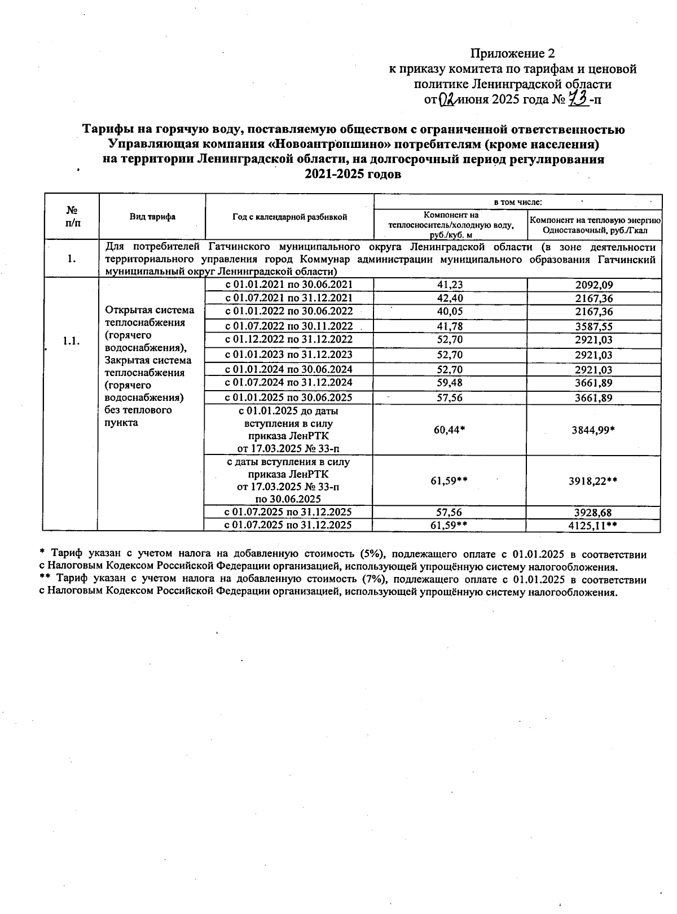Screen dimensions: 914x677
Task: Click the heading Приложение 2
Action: (x=512, y=54)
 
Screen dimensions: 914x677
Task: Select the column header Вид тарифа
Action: (x=152, y=217)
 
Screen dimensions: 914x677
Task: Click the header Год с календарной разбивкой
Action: (x=289, y=217)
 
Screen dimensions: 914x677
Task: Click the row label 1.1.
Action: (x=71, y=341)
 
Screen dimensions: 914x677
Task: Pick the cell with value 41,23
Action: (x=450, y=285)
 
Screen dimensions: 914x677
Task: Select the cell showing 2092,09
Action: (x=594, y=285)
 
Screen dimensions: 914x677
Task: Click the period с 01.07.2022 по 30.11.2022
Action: (x=289, y=326)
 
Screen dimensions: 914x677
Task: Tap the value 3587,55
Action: (x=594, y=326)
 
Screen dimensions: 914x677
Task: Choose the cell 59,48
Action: (x=450, y=383)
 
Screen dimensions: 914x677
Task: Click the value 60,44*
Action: (x=450, y=430)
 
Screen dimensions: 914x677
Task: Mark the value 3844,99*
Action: (x=594, y=430)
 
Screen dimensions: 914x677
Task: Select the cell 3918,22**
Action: (x=594, y=480)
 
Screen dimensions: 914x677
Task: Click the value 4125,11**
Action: (x=594, y=526)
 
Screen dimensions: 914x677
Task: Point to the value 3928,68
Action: (x=594, y=513)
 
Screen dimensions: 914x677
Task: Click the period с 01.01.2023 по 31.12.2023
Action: (x=289, y=355)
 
